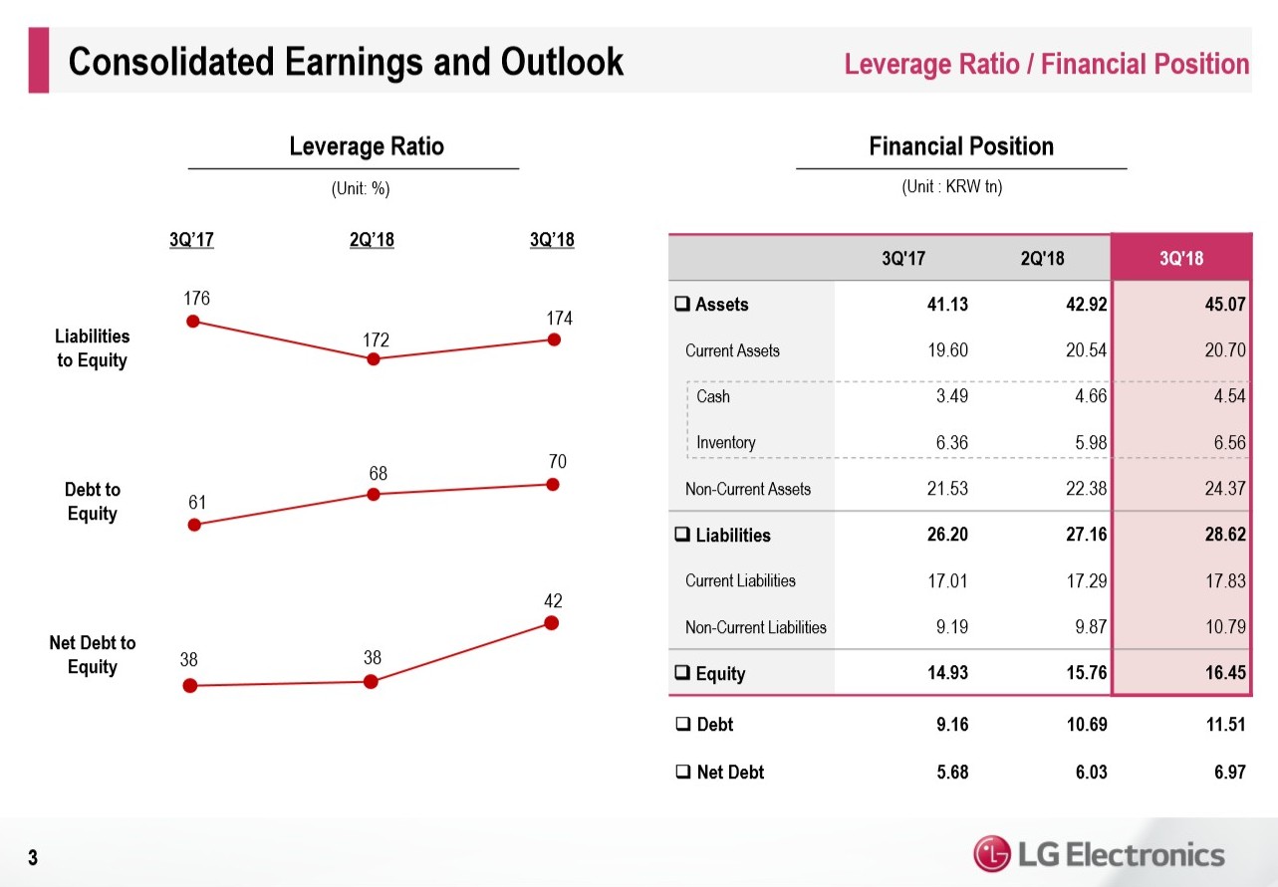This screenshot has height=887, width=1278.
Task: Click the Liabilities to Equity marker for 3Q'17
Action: click(193, 321)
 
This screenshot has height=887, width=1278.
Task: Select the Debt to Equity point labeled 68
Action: click(374, 494)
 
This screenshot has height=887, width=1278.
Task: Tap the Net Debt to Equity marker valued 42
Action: click(552, 623)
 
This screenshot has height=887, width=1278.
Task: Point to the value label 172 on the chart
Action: click(376, 340)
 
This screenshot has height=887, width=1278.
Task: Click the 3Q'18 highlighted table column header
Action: click(1181, 259)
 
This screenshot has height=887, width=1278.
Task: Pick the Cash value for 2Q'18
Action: click(1086, 396)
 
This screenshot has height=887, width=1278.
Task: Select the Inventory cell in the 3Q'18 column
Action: click(1223, 443)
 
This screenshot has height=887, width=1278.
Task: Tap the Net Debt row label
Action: click(730, 772)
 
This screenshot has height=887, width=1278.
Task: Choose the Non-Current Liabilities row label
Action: click(755, 627)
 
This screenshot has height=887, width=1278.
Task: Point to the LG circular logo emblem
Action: click(992, 853)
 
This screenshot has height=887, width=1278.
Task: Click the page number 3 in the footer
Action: click(33, 857)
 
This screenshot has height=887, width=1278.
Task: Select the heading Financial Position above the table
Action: click(961, 147)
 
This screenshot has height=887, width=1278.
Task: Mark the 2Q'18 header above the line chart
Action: click(372, 240)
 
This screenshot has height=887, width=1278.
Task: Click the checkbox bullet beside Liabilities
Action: click(682, 535)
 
